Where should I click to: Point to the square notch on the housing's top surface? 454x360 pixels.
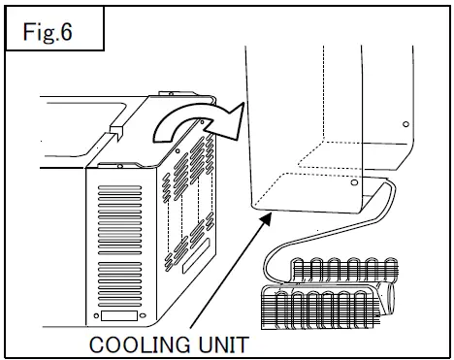tap(115, 126)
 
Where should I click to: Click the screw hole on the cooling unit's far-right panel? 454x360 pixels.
tap(403, 122)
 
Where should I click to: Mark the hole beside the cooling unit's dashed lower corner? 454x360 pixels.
tap(353, 181)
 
